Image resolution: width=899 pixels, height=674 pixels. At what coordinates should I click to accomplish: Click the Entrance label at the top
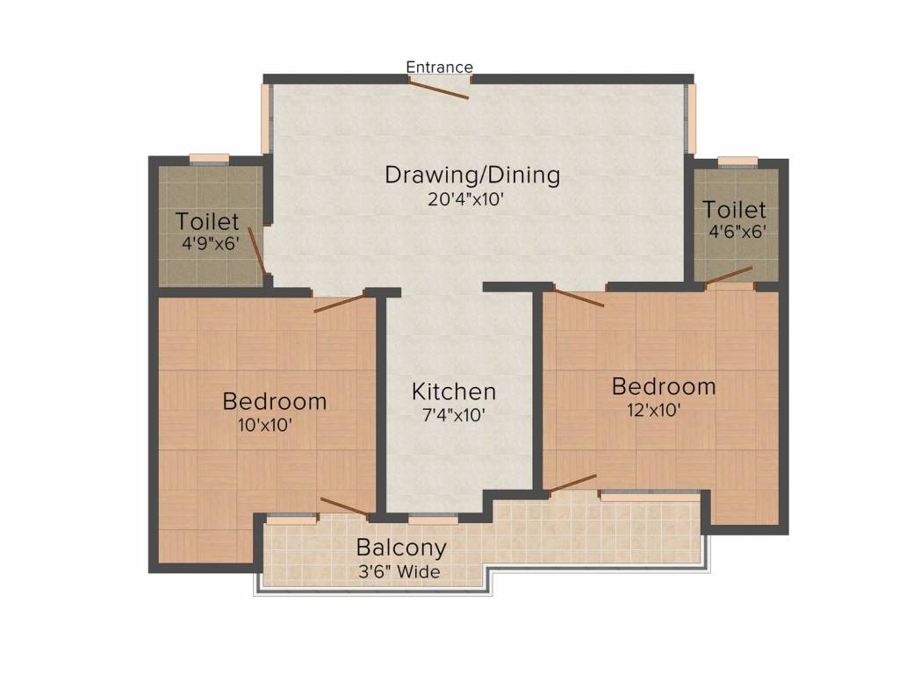(x=439, y=68)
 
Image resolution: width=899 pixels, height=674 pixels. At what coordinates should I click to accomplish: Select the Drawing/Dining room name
(x=472, y=175)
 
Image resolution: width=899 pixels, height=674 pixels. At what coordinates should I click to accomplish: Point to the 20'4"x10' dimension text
(x=464, y=199)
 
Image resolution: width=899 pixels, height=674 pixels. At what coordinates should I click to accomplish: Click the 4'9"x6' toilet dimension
(x=210, y=244)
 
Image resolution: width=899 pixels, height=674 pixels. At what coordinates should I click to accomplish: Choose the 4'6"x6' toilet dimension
(x=737, y=233)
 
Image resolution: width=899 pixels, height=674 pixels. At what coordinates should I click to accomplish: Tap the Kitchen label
(x=454, y=391)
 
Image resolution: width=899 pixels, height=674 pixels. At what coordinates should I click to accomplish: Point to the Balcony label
(x=401, y=548)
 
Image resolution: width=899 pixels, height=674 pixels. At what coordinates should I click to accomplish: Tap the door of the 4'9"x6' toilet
(x=257, y=251)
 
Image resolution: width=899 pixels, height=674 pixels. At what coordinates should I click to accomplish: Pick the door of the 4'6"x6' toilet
(x=729, y=276)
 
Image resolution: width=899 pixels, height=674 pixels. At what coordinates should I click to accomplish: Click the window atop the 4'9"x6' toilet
(x=210, y=159)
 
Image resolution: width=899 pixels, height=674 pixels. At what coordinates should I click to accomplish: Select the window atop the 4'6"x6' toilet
(x=737, y=161)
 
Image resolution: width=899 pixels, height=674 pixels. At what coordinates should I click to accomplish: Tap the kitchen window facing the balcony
(x=433, y=520)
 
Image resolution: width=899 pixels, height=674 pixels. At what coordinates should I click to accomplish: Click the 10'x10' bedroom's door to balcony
(x=344, y=506)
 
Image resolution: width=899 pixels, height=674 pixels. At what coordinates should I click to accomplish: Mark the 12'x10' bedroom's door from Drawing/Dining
(x=579, y=298)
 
